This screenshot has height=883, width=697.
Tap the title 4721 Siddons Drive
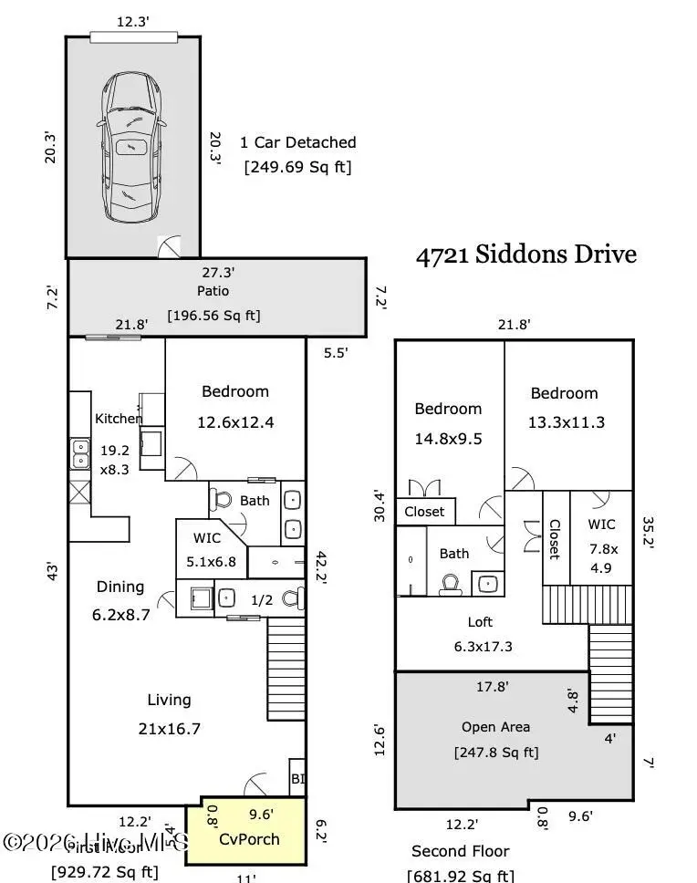point(525,255)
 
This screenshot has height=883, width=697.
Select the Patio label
point(213,291)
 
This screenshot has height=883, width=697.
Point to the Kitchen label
point(119,419)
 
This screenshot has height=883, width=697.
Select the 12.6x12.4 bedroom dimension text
point(235,422)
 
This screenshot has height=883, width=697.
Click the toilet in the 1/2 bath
point(291,599)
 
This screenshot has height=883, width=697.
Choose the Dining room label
point(120,587)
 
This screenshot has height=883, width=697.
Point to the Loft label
point(480,622)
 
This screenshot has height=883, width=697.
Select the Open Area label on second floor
point(495,727)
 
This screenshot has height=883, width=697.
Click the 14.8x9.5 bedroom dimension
point(448,439)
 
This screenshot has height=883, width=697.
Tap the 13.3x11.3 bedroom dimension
point(565,422)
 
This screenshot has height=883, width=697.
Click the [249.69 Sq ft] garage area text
point(296,168)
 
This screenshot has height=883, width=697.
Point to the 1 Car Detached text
point(297,142)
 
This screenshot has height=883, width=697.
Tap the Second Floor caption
point(460,851)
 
